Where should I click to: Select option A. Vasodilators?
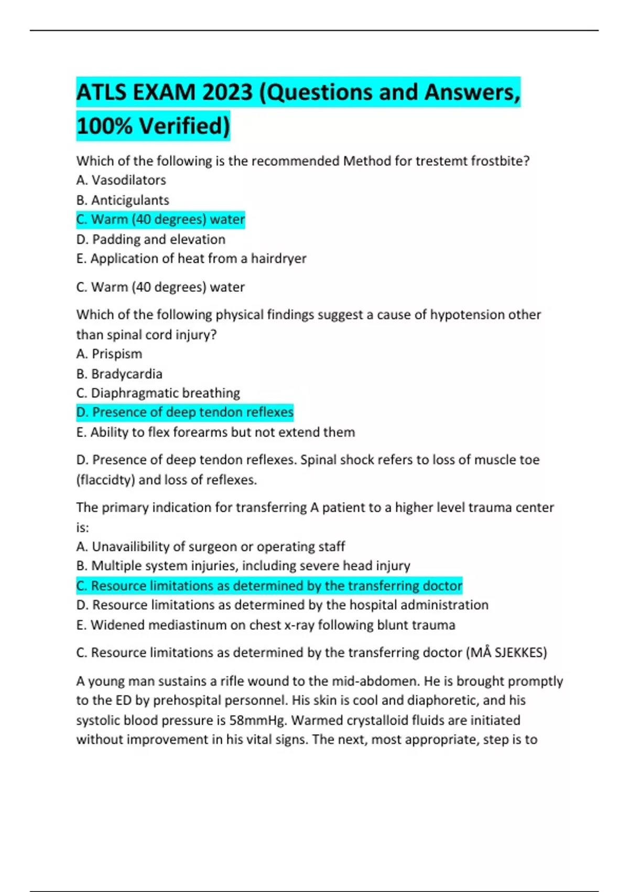(121, 180)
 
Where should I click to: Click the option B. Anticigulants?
(123, 200)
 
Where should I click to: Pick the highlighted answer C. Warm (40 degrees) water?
(160, 219)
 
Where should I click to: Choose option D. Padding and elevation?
(151, 239)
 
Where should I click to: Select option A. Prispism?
(109, 354)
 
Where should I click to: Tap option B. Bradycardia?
(120, 374)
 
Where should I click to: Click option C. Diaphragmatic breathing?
(158, 393)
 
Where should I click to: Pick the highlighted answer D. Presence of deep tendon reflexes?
(185, 412)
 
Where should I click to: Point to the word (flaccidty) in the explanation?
(105, 480)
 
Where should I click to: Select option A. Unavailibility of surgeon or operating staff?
(211, 547)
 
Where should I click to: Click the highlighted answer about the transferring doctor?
(269, 586)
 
